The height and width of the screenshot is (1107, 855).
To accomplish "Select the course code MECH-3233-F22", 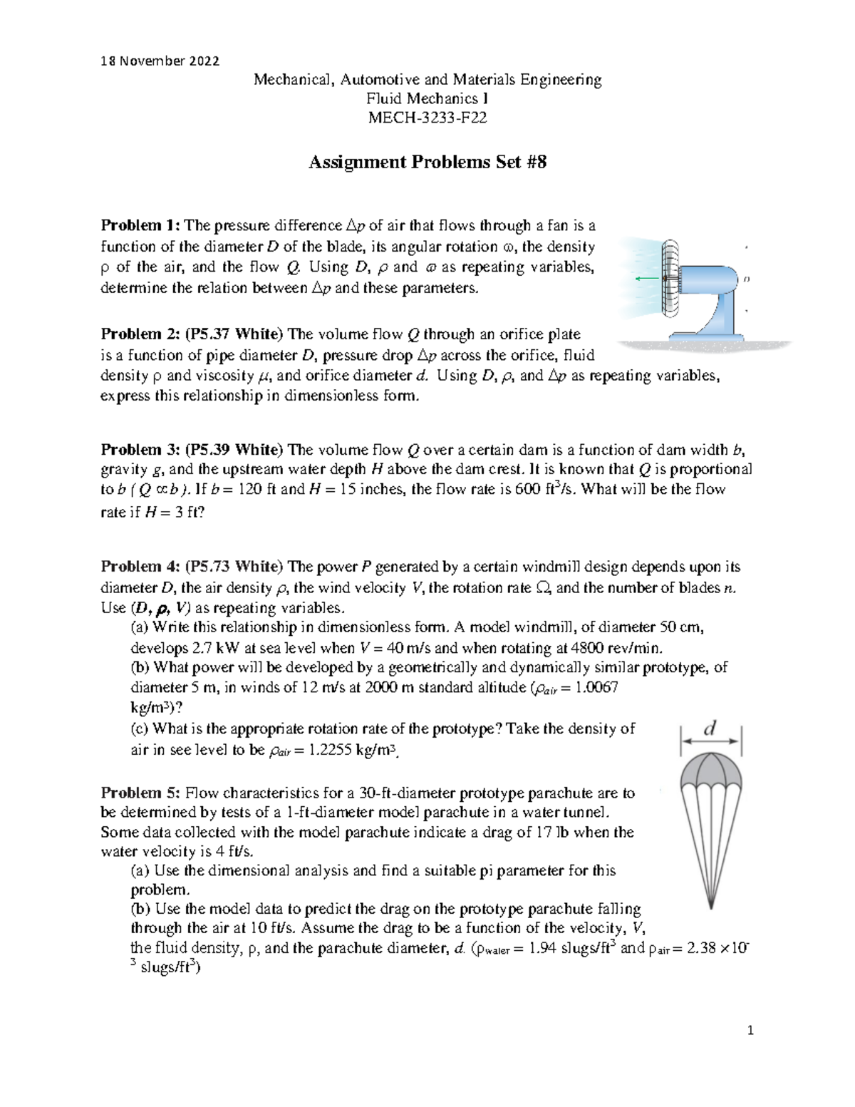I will [427, 118].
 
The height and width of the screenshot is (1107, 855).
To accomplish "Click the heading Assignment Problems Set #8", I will [427, 163].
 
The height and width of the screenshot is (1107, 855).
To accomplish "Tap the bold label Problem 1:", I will [141, 226].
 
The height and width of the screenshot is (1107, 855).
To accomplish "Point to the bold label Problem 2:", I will [141, 334].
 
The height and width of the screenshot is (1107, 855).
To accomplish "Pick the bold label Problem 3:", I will [141, 450].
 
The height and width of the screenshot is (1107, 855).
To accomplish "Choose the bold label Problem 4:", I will [141, 567].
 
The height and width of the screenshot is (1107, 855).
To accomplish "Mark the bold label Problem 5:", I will [141, 793].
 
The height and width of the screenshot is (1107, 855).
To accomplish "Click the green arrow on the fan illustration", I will [648, 278].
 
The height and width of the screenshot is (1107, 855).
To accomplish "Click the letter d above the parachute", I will [710, 728].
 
